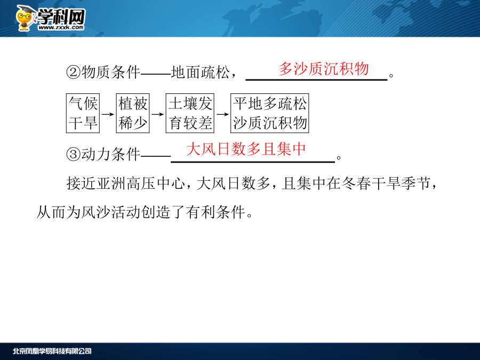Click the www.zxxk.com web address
(61, 28)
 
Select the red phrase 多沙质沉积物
(323, 69)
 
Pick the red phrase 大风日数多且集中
(246, 149)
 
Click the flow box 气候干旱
(83, 113)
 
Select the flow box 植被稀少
(133, 113)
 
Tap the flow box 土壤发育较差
(190, 113)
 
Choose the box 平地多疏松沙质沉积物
(270, 113)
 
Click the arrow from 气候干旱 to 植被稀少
(108, 114)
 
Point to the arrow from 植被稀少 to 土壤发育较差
(158, 114)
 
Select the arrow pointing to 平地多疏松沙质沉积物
(222, 114)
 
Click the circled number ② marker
(74, 73)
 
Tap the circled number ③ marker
(74, 154)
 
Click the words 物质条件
(110, 72)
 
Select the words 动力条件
(110, 154)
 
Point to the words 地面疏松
(200, 72)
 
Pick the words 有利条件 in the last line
(215, 212)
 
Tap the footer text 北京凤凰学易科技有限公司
(52, 351)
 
